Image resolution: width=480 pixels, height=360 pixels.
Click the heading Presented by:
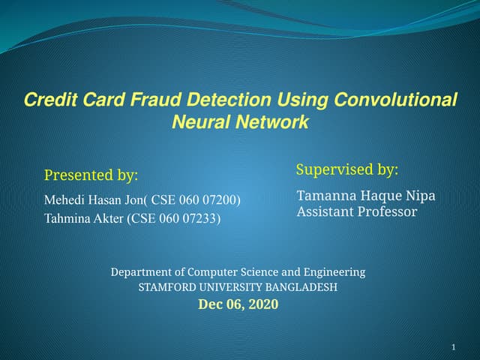(x=91, y=175)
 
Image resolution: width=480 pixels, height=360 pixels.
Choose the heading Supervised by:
(x=347, y=169)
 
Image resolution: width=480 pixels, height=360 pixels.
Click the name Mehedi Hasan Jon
(x=95, y=199)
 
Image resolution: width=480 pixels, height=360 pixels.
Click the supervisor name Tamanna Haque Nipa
(x=366, y=196)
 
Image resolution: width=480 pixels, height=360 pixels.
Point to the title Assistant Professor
(x=357, y=211)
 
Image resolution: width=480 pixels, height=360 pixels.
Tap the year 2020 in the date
(x=262, y=304)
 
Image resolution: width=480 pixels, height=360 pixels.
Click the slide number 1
(x=454, y=346)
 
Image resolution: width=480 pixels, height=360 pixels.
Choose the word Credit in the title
(x=46, y=100)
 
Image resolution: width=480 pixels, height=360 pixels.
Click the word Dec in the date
(x=210, y=304)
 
